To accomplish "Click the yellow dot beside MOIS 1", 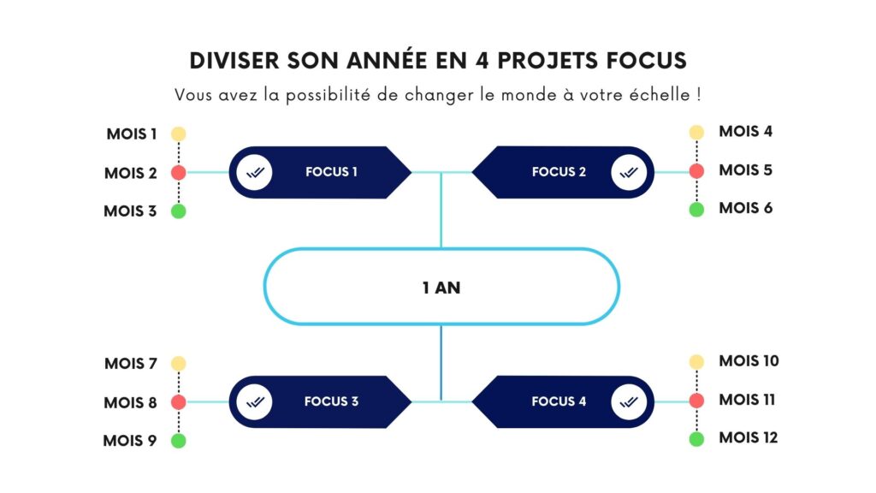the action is coord(178,134).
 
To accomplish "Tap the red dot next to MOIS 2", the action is coord(178,173).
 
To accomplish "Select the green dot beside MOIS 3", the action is coord(178,211).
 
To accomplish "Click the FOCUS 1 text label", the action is coord(331,172).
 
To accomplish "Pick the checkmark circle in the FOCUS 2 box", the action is coord(629,172).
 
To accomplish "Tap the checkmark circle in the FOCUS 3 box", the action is coord(254,401).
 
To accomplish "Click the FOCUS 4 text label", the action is coord(559,401).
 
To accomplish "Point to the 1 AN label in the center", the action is coord(441,288).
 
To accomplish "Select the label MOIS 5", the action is coord(745,170).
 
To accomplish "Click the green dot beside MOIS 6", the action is coord(696,209).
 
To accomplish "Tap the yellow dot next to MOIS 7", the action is coord(178,364).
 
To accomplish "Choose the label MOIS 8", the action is coord(130,402).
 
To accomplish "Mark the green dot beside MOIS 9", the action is coord(178,441).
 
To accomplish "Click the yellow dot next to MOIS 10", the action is coord(696,362).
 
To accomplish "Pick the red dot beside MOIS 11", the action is coord(696,401).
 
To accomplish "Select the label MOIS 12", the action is coord(749,438).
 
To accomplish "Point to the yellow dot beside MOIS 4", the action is coord(696,133).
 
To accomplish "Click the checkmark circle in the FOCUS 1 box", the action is coord(254,172).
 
